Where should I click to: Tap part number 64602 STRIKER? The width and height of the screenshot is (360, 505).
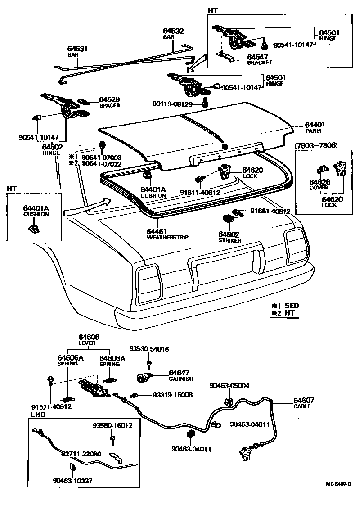pos(228,234)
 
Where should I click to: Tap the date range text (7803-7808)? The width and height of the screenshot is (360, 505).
pos(316,145)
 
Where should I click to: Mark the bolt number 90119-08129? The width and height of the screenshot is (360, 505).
pos(172,104)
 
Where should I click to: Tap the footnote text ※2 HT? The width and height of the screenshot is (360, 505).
pos(285,313)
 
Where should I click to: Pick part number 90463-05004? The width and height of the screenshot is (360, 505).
pos(229,385)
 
